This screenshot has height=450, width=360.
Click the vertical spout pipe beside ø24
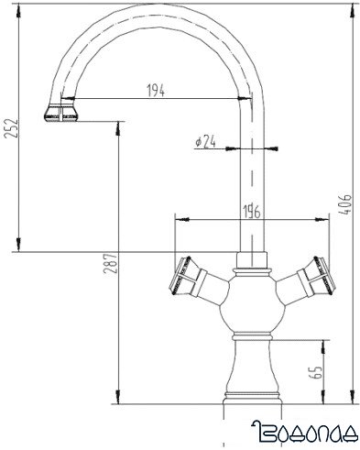(x=250, y=183)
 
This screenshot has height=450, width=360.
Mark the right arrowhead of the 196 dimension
(x=322, y=220)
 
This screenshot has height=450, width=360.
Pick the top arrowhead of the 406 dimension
(x=351, y=9)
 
